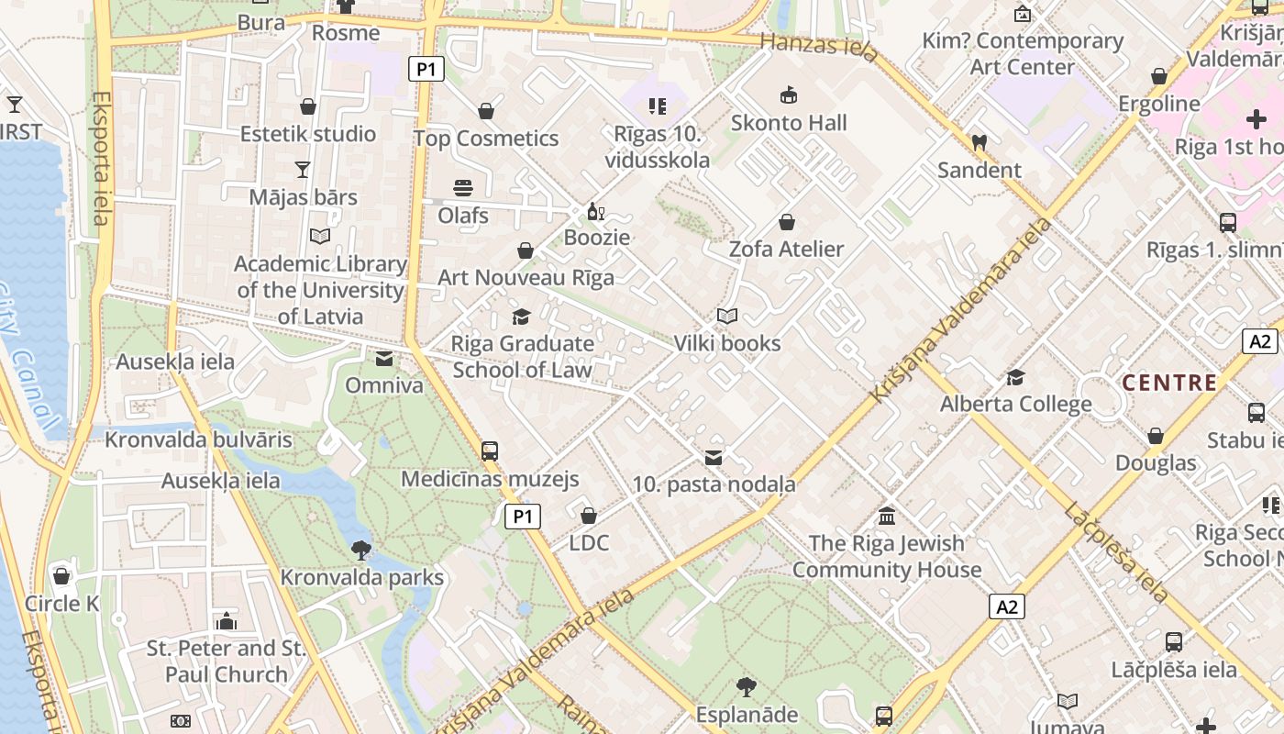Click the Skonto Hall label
tap(789, 123)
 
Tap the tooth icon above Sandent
tap(979, 142)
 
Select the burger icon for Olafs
tap(463, 188)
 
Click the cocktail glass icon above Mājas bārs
tap(303, 169)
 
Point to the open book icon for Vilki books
tap(727, 317)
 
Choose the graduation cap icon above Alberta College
tap(1015, 377)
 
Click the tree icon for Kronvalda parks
tap(361, 550)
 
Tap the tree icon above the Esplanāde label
tap(747, 686)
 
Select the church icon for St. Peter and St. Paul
tap(227, 621)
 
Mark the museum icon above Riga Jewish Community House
tap(886, 516)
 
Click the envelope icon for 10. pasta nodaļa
tap(714, 457)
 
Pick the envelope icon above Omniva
tap(384, 358)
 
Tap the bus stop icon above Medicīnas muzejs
tap(490, 450)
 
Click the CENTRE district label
tap(1169, 383)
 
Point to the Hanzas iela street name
tap(819, 46)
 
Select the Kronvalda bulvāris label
tap(198, 439)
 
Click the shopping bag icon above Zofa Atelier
tap(786, 222)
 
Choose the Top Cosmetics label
tap(486, 139)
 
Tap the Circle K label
tap(61, 604)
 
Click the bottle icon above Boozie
tap(596, 212)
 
